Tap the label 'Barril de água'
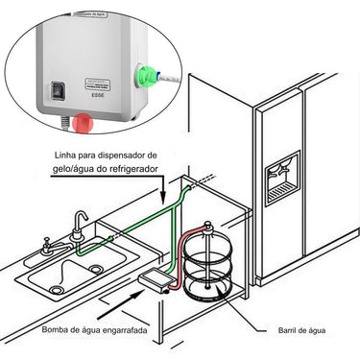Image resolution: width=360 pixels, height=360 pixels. (304, 330)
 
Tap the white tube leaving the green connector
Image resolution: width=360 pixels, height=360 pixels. (165, 76)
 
